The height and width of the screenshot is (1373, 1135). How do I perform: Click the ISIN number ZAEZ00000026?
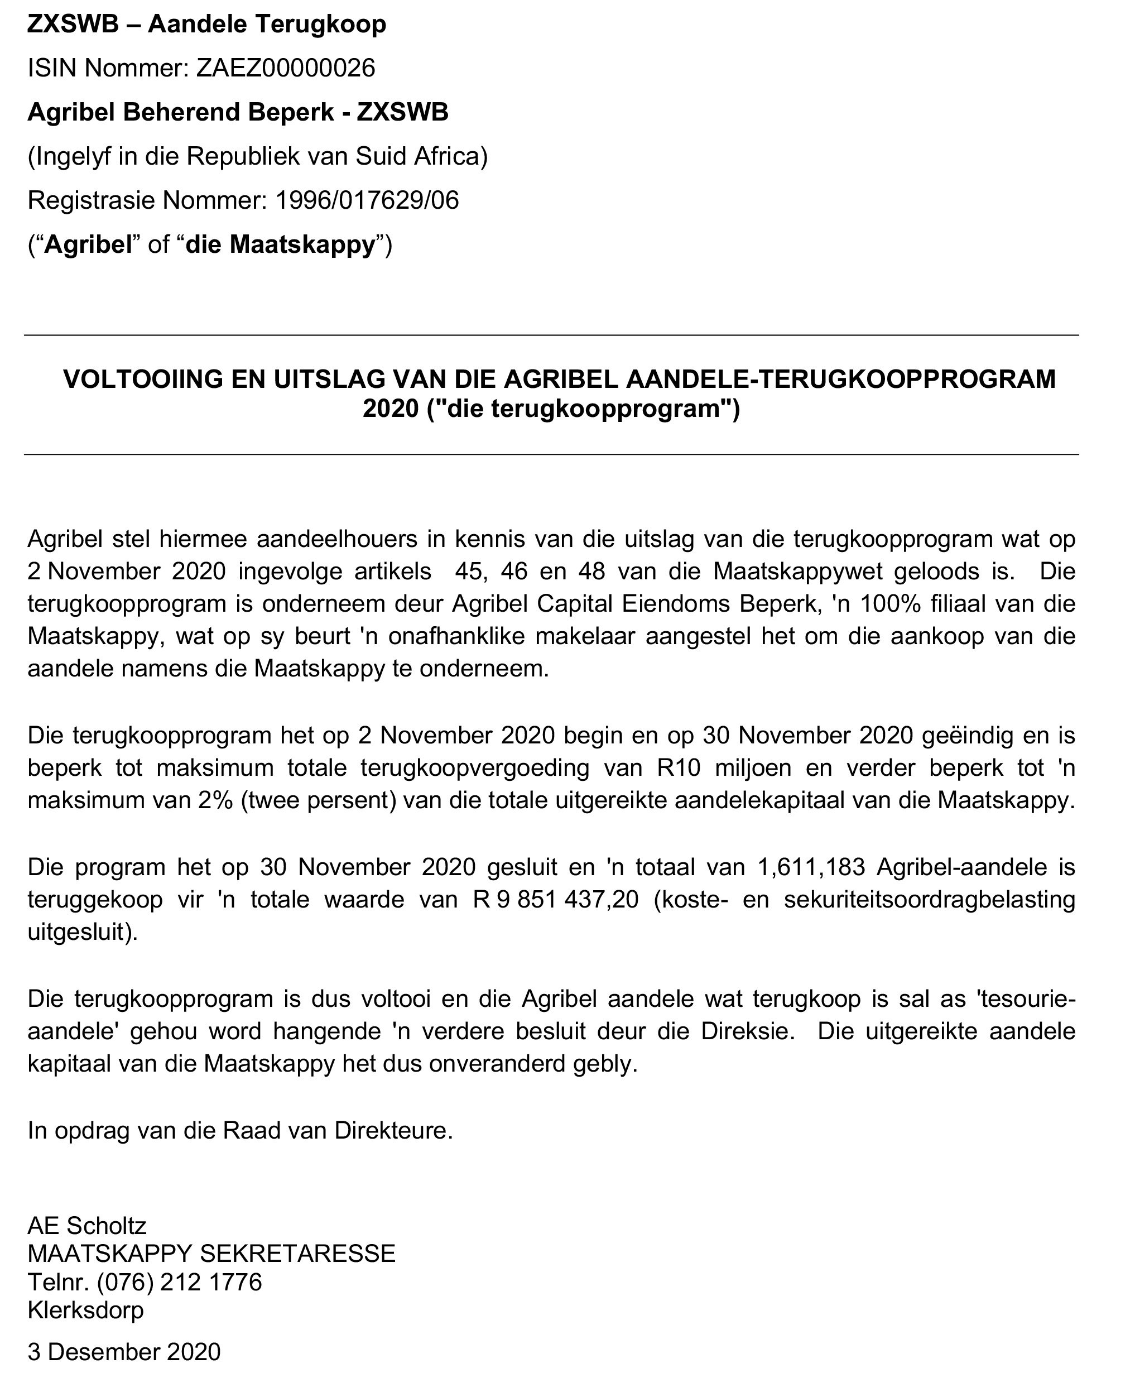point(286,68)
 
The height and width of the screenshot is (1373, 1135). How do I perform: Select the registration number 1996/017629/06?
point(367,200)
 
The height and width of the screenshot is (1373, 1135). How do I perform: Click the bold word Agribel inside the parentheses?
point(88,244)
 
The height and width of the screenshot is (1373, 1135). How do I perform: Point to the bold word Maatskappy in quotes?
point(281,244)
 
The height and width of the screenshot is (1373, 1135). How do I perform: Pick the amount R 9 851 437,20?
point(555,900)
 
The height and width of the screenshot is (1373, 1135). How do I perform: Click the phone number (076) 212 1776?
point(179,1281)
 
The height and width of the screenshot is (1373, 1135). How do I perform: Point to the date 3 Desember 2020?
point(124,1352)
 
